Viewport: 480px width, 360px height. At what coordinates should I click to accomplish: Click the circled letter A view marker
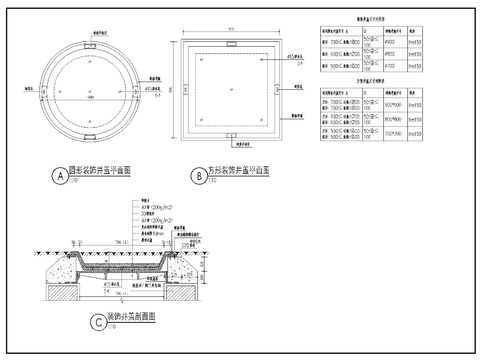[61, 175]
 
